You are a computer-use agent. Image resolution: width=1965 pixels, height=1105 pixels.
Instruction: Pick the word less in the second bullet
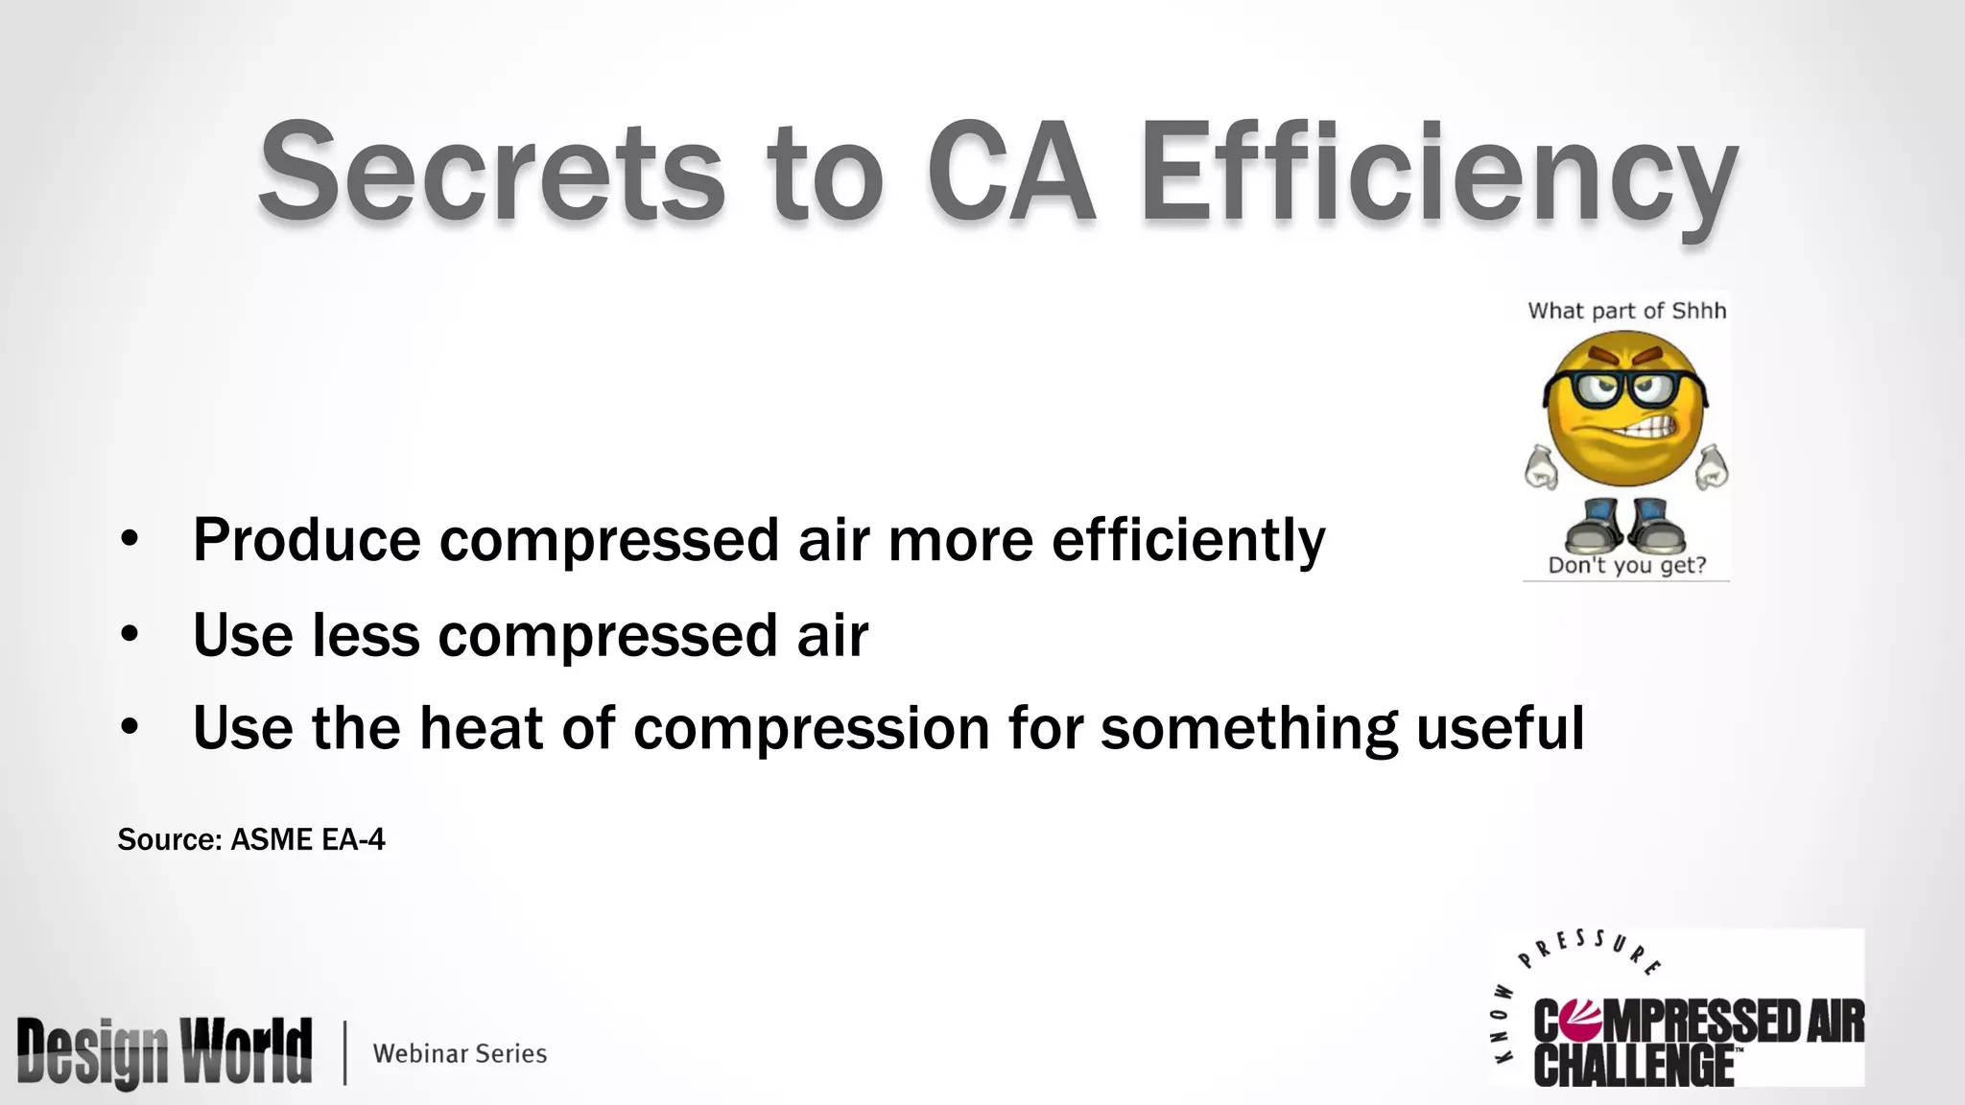pyautogui.click(x=366, y=635)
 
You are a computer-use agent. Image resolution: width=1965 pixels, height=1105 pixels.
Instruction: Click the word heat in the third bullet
pyautogui.click(x=481, y=727)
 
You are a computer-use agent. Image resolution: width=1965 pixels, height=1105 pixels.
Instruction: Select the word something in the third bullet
pyautogui.click(x=1248, y=729)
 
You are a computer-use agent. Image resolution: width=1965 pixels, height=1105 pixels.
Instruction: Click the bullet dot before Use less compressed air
pyautogui.click(x=130, y=634)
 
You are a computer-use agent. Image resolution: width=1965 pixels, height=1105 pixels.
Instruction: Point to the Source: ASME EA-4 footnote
pyautogui.click(x=251, y=840)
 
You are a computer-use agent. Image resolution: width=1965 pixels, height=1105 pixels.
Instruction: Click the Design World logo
pyautogui.click(x=164, y=1051)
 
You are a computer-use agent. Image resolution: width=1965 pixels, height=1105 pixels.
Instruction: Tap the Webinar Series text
pyautogui.click(x=460, y=1053)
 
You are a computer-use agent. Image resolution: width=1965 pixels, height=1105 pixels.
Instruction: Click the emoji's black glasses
pyautogui.click(x=1625, y=389)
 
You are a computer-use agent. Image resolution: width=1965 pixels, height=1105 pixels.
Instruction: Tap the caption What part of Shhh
pyautogui.click(x=1626, y=311)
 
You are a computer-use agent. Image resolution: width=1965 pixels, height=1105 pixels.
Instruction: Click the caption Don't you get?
pyautogui.click(x=1627, y=566)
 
